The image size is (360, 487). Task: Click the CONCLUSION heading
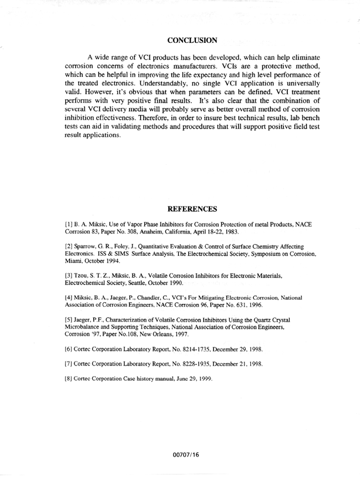coord(193,40)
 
